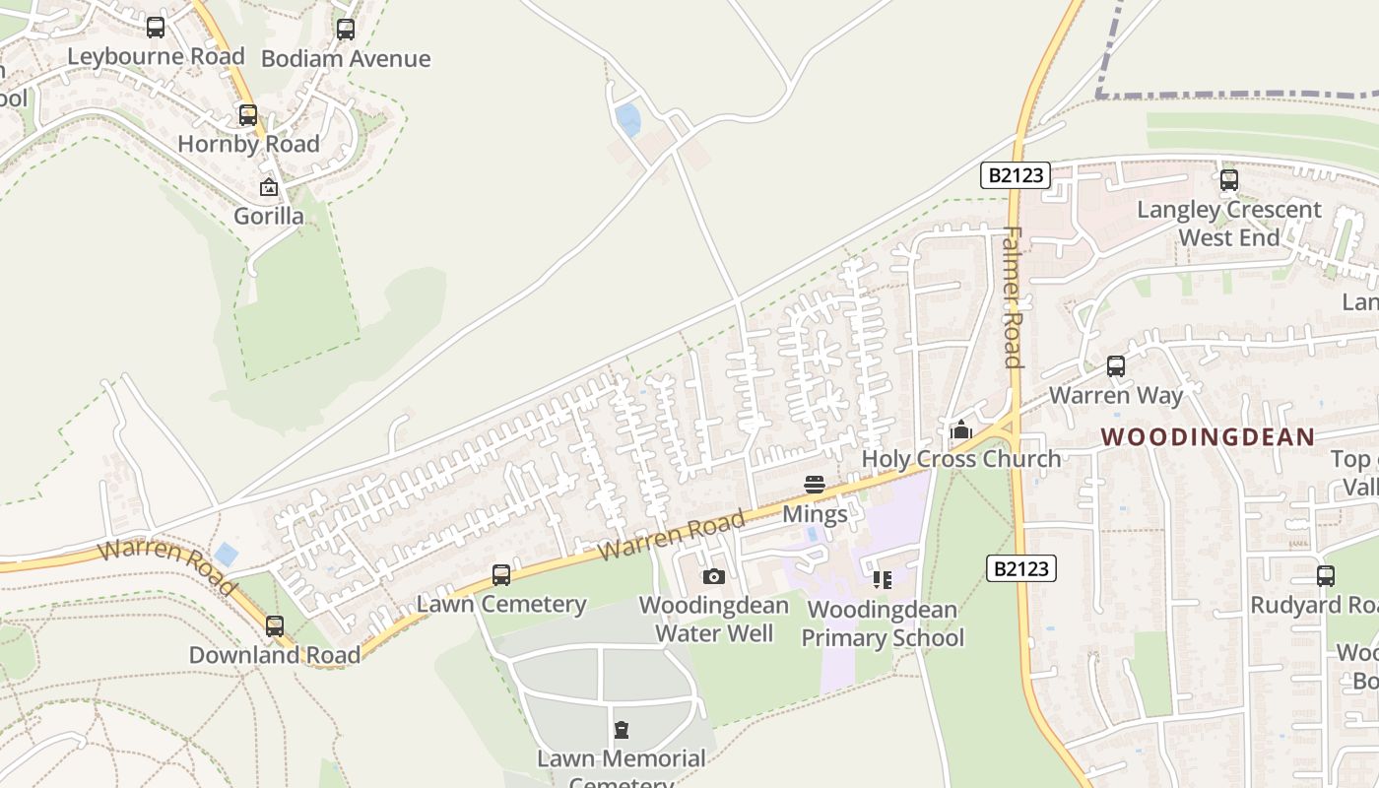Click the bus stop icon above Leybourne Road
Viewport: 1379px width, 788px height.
156,28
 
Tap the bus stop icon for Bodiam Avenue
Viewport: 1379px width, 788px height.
345,30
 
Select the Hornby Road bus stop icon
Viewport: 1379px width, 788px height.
248,115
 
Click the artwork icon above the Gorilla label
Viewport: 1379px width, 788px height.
268,187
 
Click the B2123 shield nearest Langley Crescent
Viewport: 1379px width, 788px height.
1016,176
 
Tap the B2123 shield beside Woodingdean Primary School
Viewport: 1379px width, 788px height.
1020,568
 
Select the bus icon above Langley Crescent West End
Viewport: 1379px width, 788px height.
1228,180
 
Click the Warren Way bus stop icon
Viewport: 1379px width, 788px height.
1115,366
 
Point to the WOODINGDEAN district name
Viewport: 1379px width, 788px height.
1207,437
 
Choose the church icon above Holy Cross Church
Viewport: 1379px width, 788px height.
960,430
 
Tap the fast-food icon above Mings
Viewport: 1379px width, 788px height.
814,485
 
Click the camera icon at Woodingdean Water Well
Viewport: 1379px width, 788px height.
714,576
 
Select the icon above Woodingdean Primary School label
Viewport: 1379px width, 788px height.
882,580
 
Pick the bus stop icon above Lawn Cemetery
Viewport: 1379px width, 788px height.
501,574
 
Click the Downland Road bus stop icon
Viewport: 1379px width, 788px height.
274,625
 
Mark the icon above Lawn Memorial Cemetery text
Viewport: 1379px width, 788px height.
621,730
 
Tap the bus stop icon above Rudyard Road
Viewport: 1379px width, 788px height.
1326,576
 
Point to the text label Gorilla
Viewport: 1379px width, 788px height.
268,216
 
